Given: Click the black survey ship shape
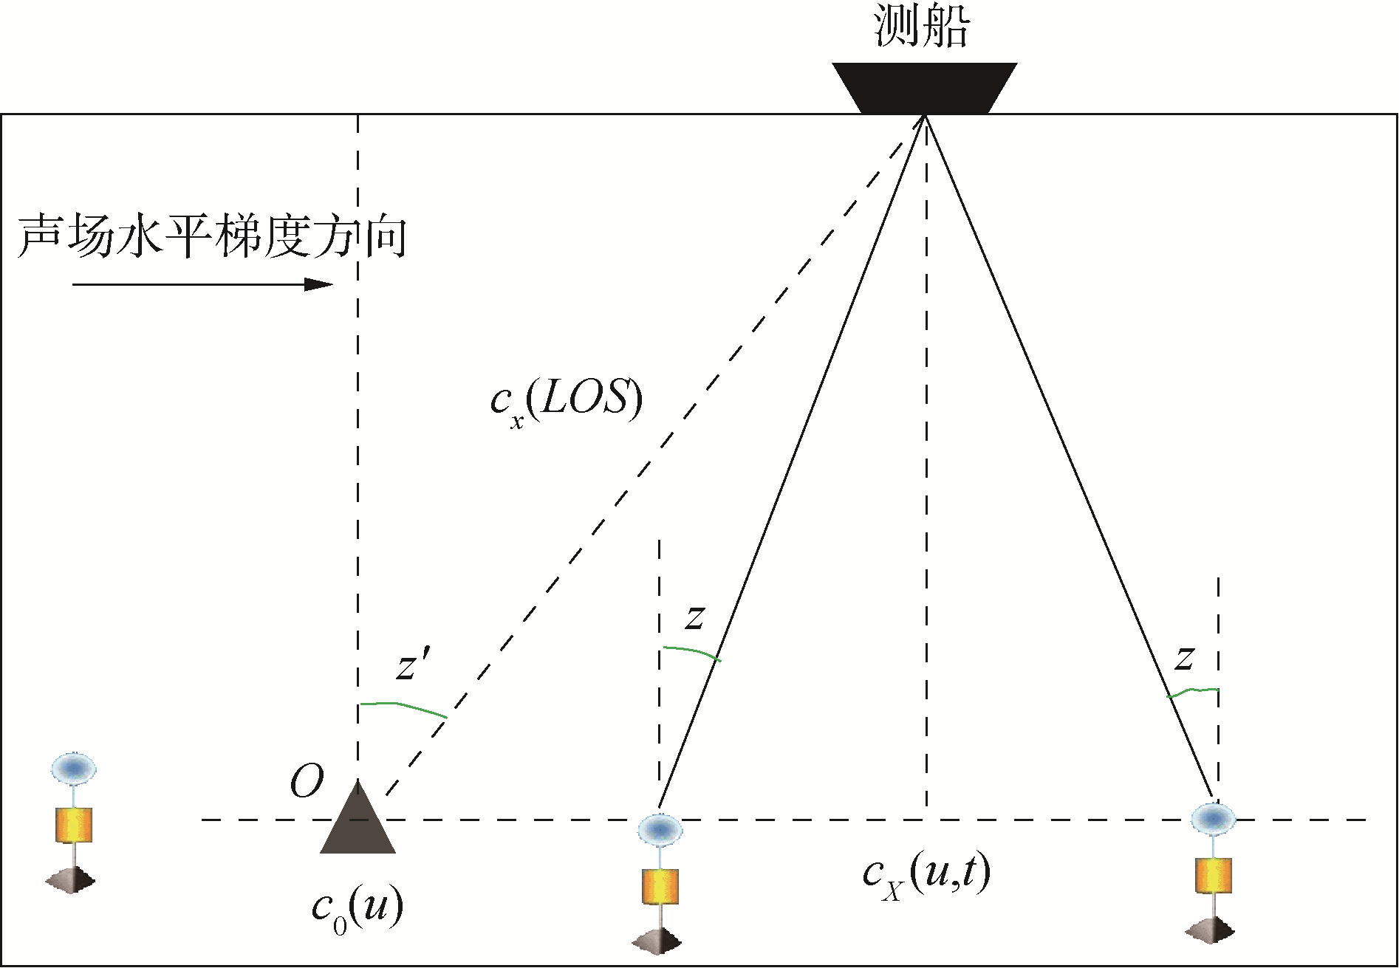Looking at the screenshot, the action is (924, 88).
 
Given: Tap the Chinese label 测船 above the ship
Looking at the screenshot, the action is (921, 26).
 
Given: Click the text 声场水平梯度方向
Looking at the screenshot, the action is (213, 237).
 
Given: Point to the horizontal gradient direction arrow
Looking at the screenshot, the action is (202, 284).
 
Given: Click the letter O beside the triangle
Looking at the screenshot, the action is (307, 781).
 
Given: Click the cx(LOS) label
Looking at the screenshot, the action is (566, 401).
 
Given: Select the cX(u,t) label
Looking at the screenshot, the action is (926, 874).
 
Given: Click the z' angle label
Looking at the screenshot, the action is (413, 665).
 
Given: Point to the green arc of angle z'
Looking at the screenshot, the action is (403, 706).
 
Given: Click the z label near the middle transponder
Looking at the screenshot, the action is (694, 617).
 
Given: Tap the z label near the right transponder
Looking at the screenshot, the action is (1184, 657).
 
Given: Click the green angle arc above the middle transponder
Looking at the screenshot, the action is (691, 651).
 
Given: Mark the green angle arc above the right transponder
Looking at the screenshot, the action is (1193, 692).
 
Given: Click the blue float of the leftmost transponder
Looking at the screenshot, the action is (73, 768).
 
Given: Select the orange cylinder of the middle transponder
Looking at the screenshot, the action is (660, 886).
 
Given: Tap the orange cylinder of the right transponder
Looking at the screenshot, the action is (1214, 876).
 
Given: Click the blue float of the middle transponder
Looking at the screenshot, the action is (660, 829).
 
